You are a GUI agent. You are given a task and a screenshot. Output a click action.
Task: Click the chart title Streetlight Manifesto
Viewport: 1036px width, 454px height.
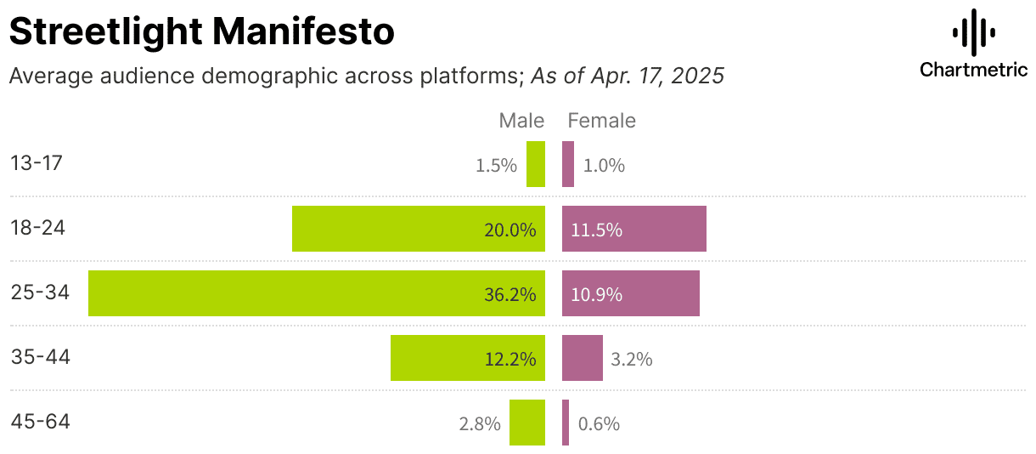click(201, 32)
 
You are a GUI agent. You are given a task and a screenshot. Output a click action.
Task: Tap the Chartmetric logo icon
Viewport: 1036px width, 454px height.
click(973, 33)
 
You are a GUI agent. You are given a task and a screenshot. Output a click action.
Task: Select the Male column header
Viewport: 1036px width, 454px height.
click(521, 121)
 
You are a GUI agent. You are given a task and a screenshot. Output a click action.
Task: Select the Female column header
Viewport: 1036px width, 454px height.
click(601, 121)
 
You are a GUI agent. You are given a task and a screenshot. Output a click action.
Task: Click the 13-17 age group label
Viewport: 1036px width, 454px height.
click(37, 163)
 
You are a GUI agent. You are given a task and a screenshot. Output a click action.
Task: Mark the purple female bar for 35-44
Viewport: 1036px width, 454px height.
click(583, 358)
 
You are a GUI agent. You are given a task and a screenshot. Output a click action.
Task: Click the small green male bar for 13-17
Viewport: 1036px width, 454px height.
click(536, 164)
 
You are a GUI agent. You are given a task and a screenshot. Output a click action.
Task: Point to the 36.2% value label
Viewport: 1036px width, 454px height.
click(510, 295)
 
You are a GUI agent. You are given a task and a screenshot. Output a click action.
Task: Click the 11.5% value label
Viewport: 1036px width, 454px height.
click(597, 230)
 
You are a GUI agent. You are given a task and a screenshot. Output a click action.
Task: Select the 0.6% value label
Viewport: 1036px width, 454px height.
click(599, 423)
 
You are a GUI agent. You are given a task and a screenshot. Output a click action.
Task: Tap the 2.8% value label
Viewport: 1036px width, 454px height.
click(479, 423)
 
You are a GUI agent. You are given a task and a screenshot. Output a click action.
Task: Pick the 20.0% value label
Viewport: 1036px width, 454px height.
click(510, 230)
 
